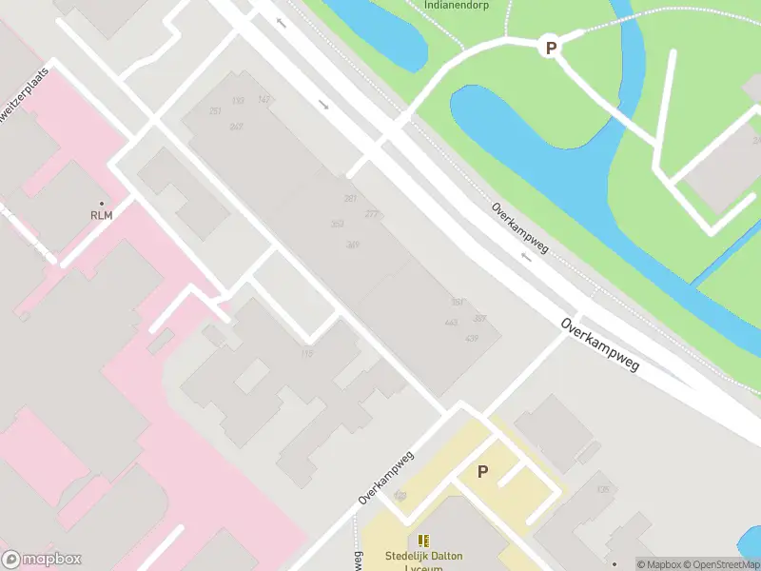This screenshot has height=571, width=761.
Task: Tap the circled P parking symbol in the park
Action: click(x=549, y=46)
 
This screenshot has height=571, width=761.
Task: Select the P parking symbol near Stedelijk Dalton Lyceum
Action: click(x=482, y=471)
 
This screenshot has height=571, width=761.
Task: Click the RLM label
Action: click(x=101, y=215)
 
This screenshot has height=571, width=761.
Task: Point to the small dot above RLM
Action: click(x=101, y=203)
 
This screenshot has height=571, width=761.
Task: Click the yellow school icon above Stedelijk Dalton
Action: click(x=423, y=540)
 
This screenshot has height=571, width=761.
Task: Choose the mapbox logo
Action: click(x=42, y=560)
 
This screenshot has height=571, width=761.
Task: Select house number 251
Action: click(x=215, y=111)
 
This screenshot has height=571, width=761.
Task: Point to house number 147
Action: click(x=263, y=100)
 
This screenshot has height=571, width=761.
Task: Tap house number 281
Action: click(x=350, y=198)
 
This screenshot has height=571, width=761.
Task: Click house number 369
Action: click(x=353, y=245)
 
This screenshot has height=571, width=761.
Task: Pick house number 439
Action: click(x=472, y=338)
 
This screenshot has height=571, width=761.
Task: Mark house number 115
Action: click(x=306, y=354)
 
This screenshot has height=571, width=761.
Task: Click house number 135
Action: click(x=602, y=489)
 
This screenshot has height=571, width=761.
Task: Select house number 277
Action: click(x=371, y=214)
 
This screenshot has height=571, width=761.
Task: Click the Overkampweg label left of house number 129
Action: click(x=388, y=478)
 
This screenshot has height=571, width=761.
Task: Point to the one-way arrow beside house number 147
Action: click(x=281, y=22)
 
